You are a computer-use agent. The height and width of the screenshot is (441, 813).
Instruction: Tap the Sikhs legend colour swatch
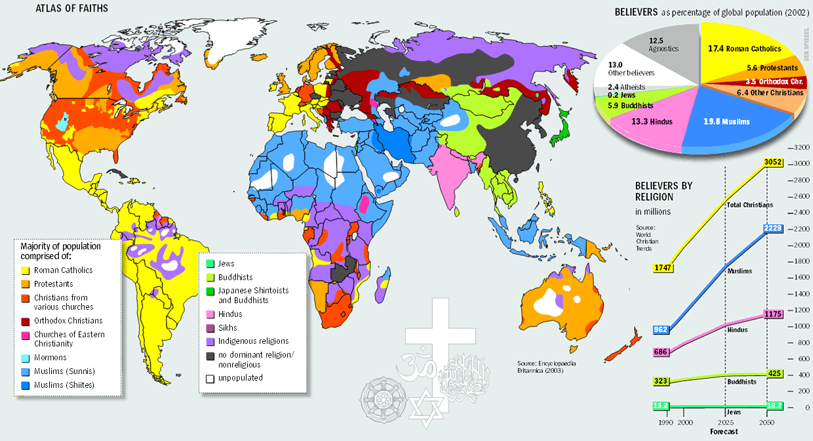[210, 328]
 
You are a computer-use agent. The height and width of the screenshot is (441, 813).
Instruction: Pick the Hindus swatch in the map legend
[210, 314]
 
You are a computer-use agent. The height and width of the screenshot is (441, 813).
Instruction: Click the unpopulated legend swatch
[210, 378]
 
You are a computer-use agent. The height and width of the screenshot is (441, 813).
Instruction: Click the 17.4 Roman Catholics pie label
[744, 49]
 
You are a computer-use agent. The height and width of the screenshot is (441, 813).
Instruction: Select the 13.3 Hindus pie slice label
[652, 121]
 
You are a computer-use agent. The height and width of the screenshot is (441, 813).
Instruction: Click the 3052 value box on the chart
[774, 162]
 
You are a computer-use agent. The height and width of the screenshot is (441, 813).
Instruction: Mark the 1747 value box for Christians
[664, 267]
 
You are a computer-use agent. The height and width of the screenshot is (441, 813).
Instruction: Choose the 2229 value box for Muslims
[774, 228]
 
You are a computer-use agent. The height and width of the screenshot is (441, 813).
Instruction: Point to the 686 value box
[662, 352]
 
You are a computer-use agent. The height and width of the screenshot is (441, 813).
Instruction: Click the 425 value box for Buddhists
[774, 374]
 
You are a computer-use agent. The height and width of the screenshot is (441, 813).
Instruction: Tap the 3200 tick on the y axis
[801, 147]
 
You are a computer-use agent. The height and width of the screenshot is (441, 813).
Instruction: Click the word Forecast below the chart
[724, 431]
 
